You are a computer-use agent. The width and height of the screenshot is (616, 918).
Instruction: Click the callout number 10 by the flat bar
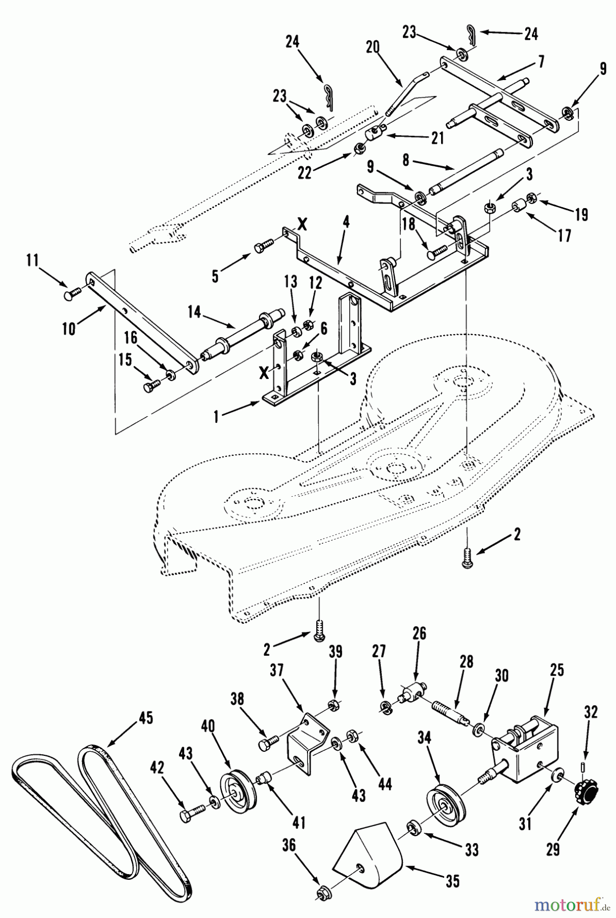pyautogui.click(x=69, y=328)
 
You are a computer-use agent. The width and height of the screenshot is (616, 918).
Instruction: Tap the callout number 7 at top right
pyautogui.click(x=540, y=62)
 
